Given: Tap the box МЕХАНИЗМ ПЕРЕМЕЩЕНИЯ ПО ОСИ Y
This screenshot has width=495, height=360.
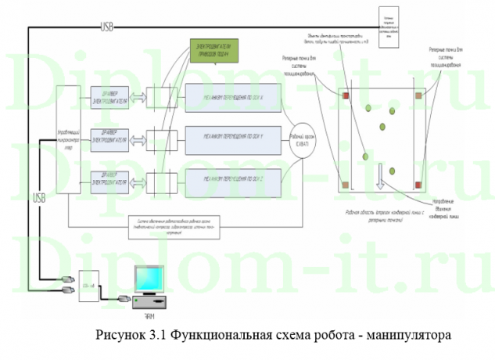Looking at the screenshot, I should tap(232, 136).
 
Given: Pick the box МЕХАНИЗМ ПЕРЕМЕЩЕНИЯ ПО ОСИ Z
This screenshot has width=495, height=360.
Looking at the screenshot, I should tap(232, 178).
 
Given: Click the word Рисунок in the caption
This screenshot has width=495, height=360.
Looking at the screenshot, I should tap(119, 337).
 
